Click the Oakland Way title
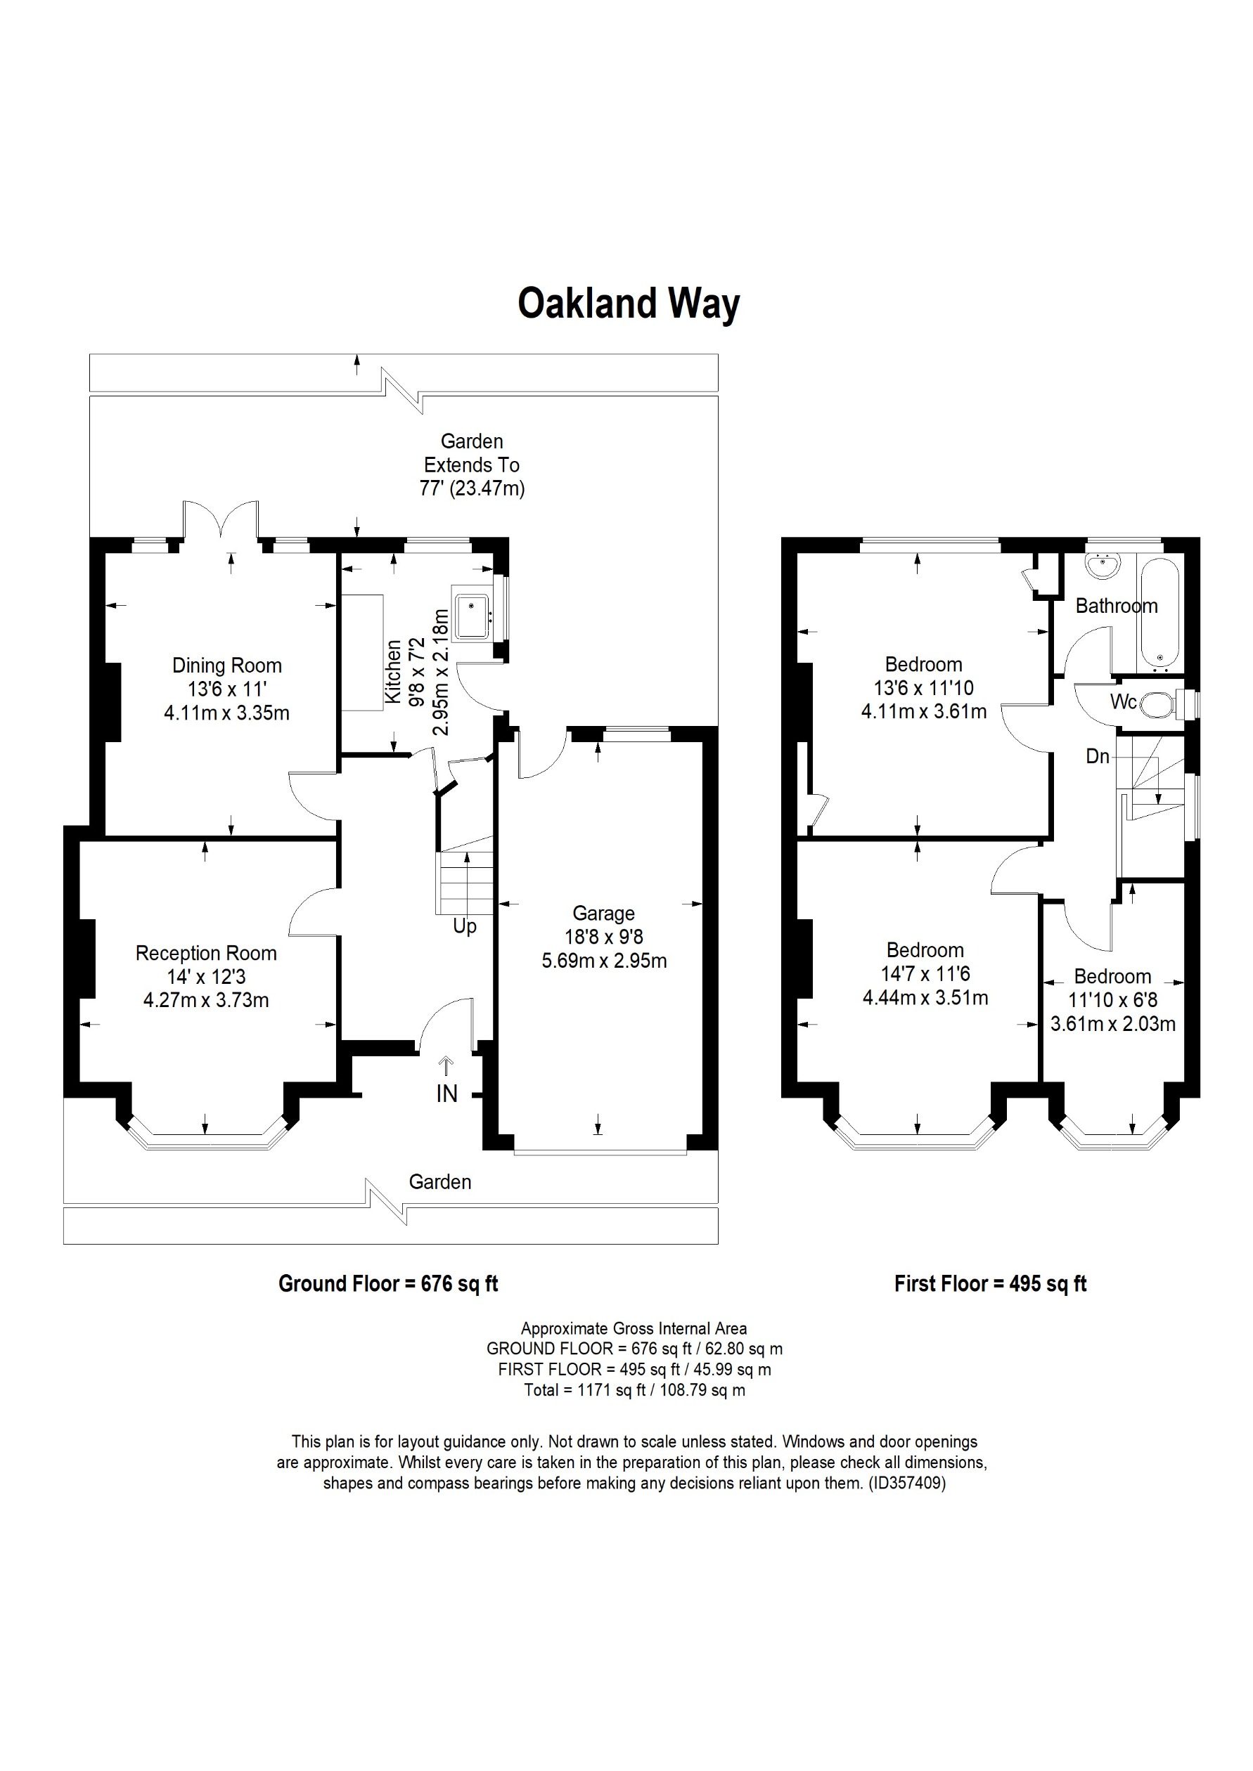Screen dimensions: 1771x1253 click(x=628, y=303)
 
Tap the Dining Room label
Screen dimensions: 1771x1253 click(x=227, y=665)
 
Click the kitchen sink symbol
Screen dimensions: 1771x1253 click(x=471, y=616)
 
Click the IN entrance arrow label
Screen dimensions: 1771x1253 click(x=446, y=1093)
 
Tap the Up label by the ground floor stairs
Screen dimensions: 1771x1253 click(x=465, y=926)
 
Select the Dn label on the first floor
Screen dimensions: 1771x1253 click(x=1097, y=757)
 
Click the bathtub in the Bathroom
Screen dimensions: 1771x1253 click(x=1159, y=612)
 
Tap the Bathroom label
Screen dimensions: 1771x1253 click(x=1116, y=606)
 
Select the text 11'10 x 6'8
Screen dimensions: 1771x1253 click(x=1112, y=999)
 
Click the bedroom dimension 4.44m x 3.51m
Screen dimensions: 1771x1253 click(x=925, y=997)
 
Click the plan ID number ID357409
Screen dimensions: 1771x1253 click(x=906, y=1483)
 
